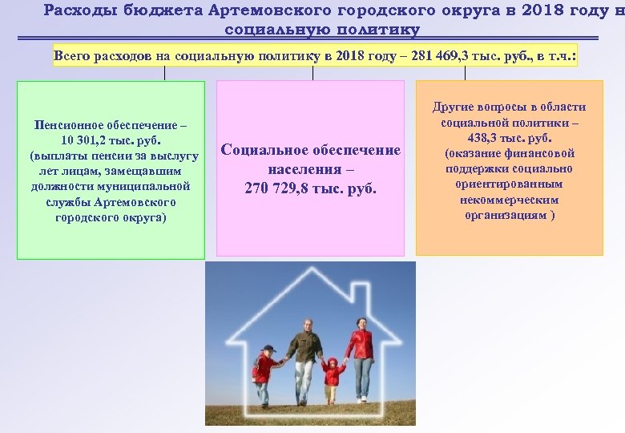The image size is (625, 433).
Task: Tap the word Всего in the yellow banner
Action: [73, 56]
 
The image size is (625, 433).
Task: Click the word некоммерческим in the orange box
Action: [509, 200]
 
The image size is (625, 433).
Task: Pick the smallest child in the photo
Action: [331, 377]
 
